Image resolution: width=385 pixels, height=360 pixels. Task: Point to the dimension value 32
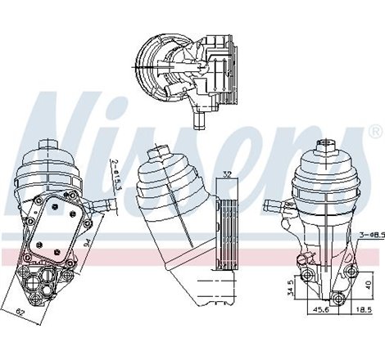tap(226, 173)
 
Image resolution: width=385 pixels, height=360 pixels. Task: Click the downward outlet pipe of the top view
tap(197, 120)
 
